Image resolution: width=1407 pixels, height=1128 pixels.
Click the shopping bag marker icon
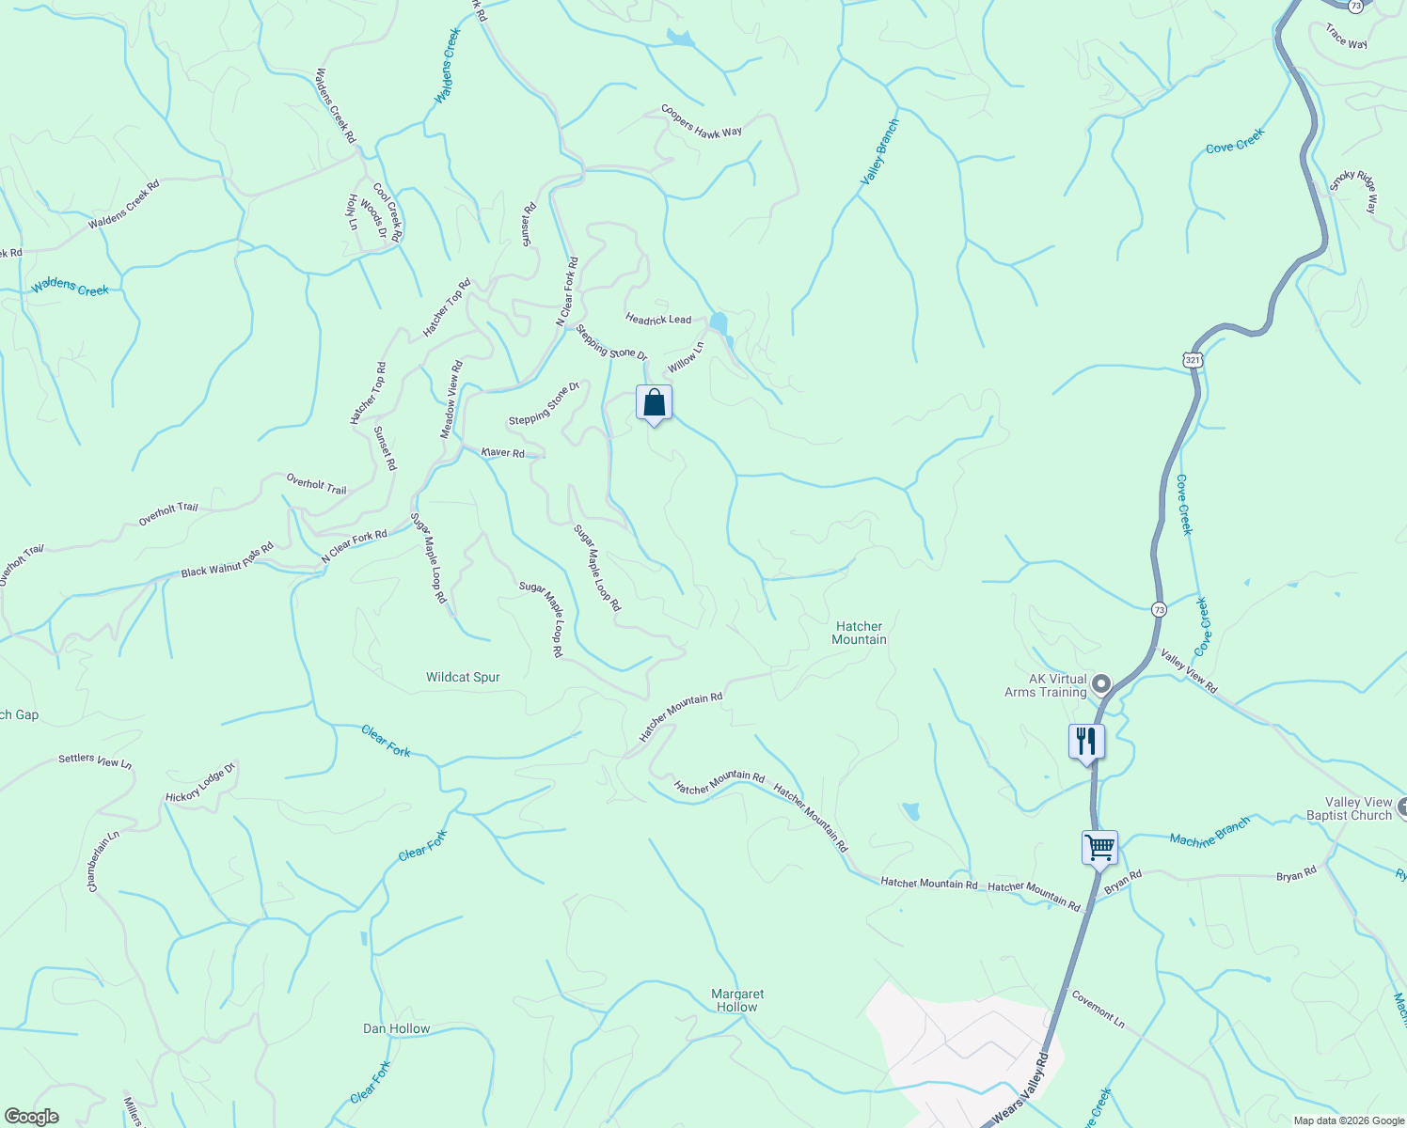[655, 403]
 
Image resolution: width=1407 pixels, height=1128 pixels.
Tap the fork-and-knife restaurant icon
[1086, 741]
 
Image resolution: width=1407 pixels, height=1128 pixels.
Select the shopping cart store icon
[1099, 848]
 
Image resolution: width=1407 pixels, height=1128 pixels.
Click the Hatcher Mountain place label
[859, 633]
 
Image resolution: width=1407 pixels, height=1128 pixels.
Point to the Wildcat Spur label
[463, 677]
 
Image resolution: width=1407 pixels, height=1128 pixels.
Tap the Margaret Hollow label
[737, 1000]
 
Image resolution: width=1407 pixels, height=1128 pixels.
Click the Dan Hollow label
[396, 1028]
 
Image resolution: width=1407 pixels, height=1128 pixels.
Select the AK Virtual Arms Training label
[1045, 685]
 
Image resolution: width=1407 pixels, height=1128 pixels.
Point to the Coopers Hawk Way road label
[701, 121]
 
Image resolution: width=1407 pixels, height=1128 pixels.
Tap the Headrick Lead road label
[658, 320]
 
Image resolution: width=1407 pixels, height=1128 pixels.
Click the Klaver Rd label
[503, 452]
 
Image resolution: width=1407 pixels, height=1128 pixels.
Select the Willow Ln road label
[686, 357]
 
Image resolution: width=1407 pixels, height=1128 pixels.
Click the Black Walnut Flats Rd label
[227, 560]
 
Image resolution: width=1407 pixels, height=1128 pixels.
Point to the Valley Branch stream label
[880, 150]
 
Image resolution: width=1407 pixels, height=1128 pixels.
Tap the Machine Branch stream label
[1209, 832]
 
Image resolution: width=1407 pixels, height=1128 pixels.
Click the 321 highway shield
[1193, 360]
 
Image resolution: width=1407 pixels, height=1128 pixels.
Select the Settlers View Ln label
[95, 760]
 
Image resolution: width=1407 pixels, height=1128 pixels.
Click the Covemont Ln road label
[1098, 1009]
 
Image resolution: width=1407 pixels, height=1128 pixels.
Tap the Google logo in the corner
[31, 1117]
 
